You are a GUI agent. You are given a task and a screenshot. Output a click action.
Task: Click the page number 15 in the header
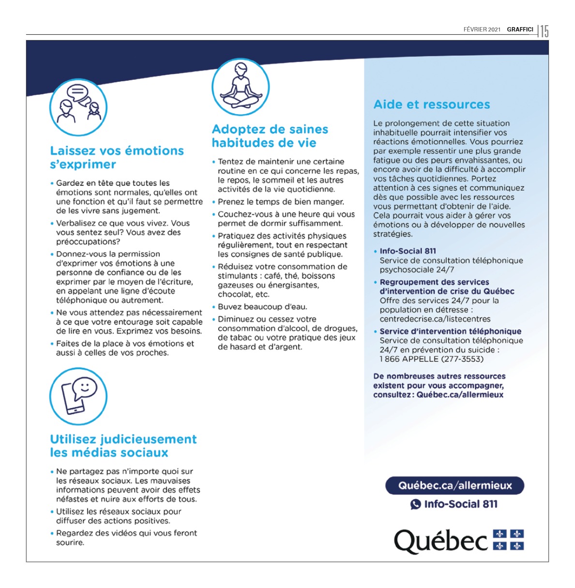click(x=545, y=31)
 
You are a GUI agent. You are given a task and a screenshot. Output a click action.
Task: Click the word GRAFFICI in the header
click(x=520, y=30)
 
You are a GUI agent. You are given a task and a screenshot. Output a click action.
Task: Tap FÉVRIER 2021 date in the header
click(x=482, y=30)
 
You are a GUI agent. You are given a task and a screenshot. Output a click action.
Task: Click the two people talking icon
click(x=78, y=107)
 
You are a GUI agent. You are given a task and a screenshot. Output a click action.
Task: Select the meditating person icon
click(x=240, y=88)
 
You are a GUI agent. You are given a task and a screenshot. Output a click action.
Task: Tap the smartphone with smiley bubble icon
click(x=78, y=396)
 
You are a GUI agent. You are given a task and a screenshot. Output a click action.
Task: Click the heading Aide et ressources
click(x=431, y=105)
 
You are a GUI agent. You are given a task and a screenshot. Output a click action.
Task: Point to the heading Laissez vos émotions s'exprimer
click(x=117, y=157)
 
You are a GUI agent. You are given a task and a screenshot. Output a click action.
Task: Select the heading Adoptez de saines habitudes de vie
click(x=270, y=136)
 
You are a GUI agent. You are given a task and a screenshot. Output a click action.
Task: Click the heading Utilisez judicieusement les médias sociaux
click(x=123, y=446)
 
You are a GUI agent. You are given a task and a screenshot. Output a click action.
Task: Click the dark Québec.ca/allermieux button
click(x=454, y=485)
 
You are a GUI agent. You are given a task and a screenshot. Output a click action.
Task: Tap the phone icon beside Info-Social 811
click(x=415, y=504)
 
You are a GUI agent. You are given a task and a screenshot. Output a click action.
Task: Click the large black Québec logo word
click(x=440, y=541)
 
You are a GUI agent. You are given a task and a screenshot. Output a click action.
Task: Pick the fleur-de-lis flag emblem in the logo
click(x=508, y=540)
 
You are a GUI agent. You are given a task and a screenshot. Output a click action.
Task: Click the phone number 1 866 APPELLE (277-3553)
click(x=431, y=359)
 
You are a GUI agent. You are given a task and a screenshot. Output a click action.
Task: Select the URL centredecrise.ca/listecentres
click(x=435, y=319)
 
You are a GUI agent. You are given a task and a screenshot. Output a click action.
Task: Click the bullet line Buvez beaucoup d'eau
click(x=262, y=307)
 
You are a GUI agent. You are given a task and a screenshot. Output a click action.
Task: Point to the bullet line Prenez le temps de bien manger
click(x=281, y=202)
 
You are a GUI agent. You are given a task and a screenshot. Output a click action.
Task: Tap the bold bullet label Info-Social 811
click(x=408, y=251)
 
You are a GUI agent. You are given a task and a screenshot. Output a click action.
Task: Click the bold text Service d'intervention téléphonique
click(x=450, y=332)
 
